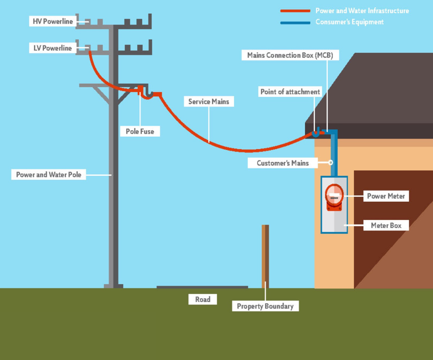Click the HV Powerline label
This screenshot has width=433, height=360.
click(53, 21)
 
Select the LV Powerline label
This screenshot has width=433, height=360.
click(53, 48)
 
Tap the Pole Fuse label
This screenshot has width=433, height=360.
click(140, 131)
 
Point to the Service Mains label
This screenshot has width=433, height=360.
click(209, 101)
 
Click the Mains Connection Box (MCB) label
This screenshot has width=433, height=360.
click(290, 55)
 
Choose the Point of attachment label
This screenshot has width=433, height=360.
click(290, 92)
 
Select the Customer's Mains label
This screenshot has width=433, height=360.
click(283, 163)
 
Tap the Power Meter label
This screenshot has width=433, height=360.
click(386, 196)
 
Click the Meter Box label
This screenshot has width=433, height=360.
click(386, 225)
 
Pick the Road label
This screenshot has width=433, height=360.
click(202, 299)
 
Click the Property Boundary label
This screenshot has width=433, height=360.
click(265, 306)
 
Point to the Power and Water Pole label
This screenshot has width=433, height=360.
click(48, 175)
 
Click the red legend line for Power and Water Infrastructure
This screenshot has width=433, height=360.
click(295, 11)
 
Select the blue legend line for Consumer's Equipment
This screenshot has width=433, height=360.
click(295, 23)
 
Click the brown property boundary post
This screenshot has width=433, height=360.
click(265, 256)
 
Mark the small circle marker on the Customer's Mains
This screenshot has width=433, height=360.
click(331, 162)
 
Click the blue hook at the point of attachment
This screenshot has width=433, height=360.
click(316, 133)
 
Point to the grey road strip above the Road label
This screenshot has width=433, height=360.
click(202, 287)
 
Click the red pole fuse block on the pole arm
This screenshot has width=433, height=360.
click(140, 90)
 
